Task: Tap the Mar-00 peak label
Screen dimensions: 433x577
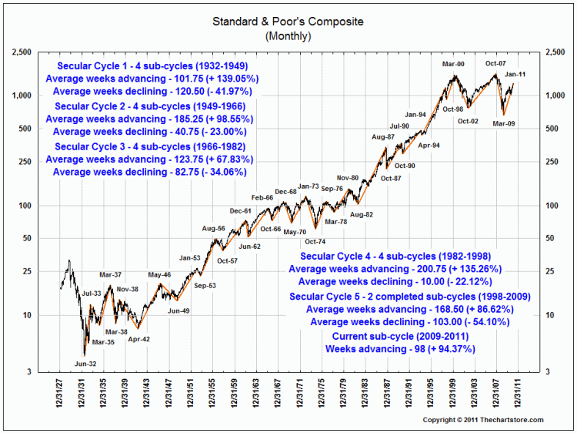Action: click(x=452, y=64)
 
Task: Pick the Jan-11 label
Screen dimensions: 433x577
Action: click(x=515, y=74)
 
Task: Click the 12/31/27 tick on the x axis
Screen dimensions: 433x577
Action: click(x=59, y=394)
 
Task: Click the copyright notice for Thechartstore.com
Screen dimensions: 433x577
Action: click(x=483, y=419)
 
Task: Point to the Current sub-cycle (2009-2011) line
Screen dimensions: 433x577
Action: click(x=395, y=337)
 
